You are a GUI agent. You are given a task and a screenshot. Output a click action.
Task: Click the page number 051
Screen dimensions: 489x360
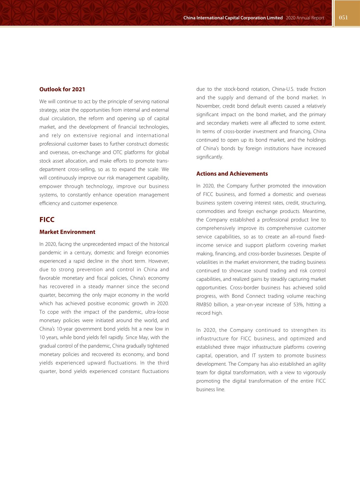pos(343,18)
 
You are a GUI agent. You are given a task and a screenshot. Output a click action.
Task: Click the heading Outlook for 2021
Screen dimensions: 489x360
pos(62,89)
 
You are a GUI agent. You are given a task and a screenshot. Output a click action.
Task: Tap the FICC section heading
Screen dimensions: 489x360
pos(47,220)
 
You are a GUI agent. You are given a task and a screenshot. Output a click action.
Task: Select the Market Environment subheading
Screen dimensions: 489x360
pos(67,232)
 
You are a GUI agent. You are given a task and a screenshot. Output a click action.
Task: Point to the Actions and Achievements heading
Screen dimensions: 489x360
pos(232,173)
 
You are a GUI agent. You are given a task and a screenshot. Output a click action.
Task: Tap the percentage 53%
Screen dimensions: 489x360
pos(299,305)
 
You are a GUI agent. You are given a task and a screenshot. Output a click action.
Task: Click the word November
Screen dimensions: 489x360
pos(208,106)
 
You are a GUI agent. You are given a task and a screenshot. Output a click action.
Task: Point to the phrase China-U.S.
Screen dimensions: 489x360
pos(282,89)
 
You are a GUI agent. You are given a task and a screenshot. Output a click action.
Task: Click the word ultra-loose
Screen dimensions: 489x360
pos(157,312)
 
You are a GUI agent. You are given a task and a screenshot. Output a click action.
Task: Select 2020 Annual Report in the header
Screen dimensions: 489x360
pos(305,18)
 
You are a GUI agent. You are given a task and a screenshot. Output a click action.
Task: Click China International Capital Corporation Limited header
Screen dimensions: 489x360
pos(233,18)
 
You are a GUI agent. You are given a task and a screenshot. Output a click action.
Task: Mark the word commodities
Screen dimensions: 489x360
pos(211,211)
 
